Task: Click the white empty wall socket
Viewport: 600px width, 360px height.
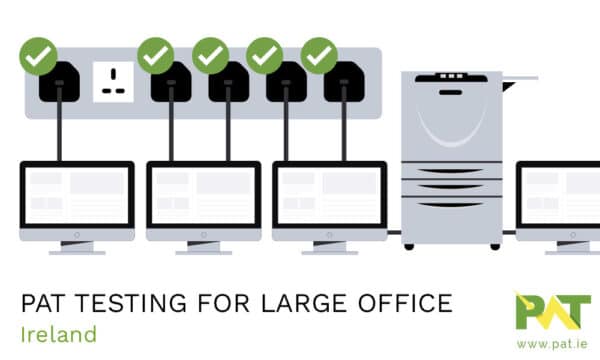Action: tap(113, 80)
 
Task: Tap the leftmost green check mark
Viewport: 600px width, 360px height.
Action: tap(37, 55)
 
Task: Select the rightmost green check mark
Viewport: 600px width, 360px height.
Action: tap(319, 55)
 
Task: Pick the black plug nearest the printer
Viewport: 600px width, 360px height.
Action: tap(343, 83)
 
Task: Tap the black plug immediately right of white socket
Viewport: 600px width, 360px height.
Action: tap(171, 83)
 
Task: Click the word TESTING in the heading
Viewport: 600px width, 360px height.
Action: tap(115, 303)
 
